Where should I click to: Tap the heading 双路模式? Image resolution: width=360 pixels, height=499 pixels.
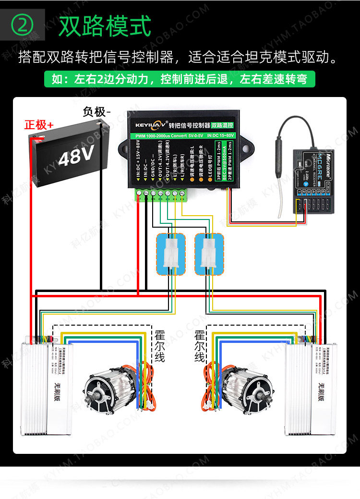pos(105,25)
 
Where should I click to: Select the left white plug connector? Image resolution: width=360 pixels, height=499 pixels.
pos(170,254)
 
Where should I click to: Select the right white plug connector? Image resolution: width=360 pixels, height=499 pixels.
pos(209,254)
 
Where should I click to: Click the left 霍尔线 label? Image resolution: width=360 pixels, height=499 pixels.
pos(160,346)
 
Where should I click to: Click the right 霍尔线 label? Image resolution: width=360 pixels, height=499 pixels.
pos(200,346)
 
